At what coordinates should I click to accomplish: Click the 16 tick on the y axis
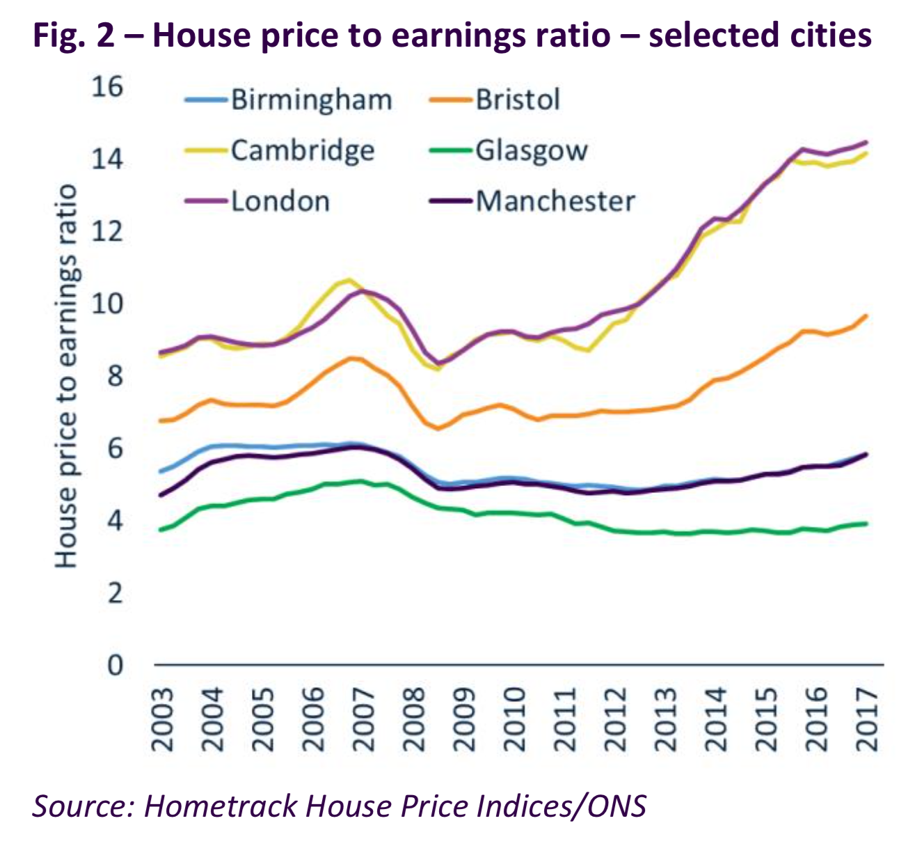click(107, 87)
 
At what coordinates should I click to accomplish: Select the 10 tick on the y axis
click(107, 304)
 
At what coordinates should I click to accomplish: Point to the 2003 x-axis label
click(163, 719)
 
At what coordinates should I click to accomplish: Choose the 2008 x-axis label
click(415, 719)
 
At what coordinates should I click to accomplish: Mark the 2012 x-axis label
click(616, 719)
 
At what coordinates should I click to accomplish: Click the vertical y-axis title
click(66, 376)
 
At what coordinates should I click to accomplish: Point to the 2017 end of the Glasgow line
click(866, 524)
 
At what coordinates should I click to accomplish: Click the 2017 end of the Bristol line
click(866, 315)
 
